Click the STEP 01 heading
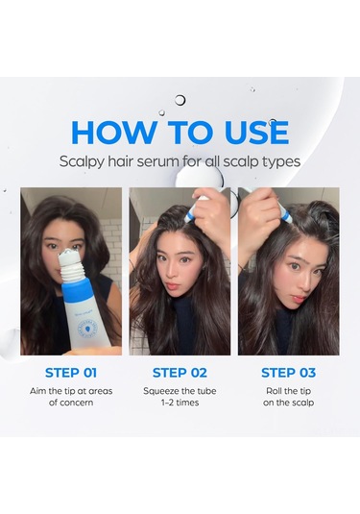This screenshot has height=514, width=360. pyautogui.click(x=71, y=373)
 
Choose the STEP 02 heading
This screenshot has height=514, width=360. pyautogui.click(x=180, y=373)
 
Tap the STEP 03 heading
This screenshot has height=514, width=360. pyautogui.click(x=289, y=373)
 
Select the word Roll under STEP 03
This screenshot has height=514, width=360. pyautogui.click(x=274, y=391)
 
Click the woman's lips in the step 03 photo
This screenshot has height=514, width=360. pyautogui.click(x=299, y=299)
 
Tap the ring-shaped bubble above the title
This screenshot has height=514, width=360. pyautogui.click(x=180, y=100)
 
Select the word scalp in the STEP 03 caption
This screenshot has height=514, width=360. pyautogui.click(x=303, y=403)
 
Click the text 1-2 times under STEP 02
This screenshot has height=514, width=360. pyautogui.click(x=180, y=403)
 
